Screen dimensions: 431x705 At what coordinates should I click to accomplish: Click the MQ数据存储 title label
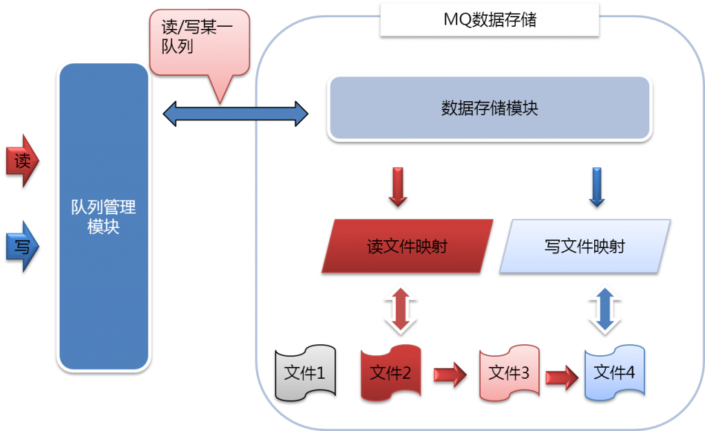[490, 20]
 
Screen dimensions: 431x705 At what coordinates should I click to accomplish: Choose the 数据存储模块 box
[490, 109]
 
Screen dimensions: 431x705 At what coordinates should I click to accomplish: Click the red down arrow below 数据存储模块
[398, 186]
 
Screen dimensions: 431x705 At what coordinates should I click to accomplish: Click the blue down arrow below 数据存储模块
[597, 186]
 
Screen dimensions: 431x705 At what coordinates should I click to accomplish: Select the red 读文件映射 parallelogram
[408, 246]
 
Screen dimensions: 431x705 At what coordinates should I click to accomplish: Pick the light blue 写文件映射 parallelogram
[585, 246]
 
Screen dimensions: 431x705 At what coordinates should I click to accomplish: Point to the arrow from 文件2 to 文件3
[450, 374]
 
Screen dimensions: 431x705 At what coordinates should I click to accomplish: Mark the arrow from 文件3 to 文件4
[561, 376]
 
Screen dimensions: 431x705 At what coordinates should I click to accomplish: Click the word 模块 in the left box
[103, 227]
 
